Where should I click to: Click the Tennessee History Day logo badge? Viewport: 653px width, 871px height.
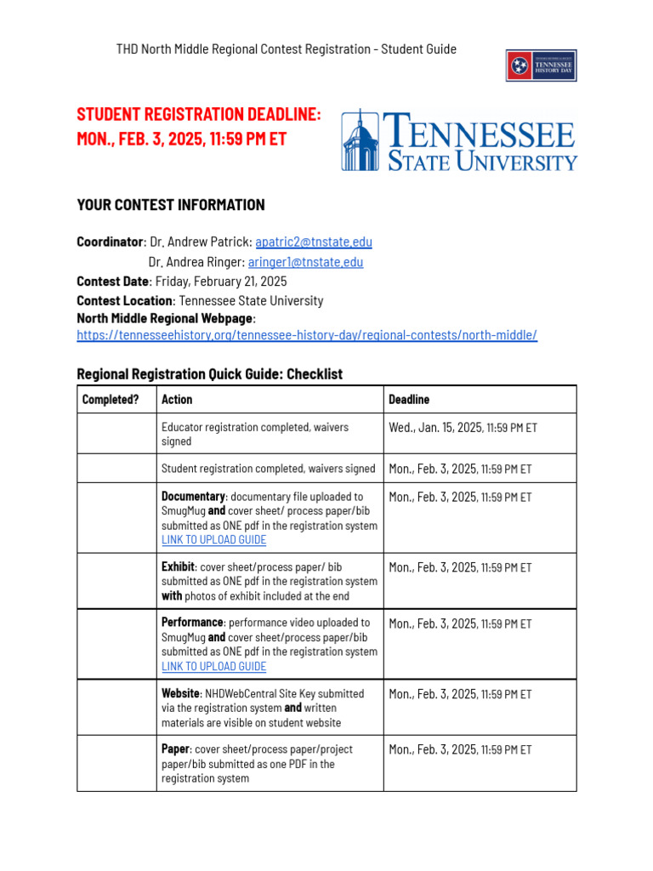[x=542, y=65]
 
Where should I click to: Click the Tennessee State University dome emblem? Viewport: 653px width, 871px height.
[x=361, y=140]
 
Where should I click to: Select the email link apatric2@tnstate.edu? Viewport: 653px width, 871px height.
[x=314, y=242]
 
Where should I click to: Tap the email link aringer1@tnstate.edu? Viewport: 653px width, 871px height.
[x=305, y=262]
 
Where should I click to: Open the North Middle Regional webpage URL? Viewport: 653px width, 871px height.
[x=307, y=335]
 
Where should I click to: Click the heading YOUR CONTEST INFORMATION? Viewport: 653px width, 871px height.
[x=171, y=205]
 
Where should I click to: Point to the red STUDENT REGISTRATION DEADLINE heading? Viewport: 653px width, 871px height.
[x=199, y=115]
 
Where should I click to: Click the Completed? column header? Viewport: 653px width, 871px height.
[x=111, y=399]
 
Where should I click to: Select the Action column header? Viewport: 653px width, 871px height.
[x=177, y=399]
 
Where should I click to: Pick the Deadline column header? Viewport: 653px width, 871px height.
[x=409, y=399]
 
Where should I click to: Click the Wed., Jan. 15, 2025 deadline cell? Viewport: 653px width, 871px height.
[x=463, y=428]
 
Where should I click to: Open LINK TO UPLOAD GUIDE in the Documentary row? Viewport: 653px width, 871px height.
[x=213, y=540]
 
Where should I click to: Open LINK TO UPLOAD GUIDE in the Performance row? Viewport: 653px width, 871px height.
[x=213, y=667]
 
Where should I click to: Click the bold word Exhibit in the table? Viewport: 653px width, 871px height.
[x=179, y=566]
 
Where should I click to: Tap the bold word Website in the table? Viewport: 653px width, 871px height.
[x=180, y=694]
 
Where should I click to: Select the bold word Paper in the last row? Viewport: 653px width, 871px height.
[x=175, y=749]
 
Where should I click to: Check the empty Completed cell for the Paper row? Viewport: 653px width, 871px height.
[x=116, y=763]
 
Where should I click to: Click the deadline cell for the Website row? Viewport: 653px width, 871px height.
[x=460, y=694]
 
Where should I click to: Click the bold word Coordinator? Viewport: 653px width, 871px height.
[x=111, y=242]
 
